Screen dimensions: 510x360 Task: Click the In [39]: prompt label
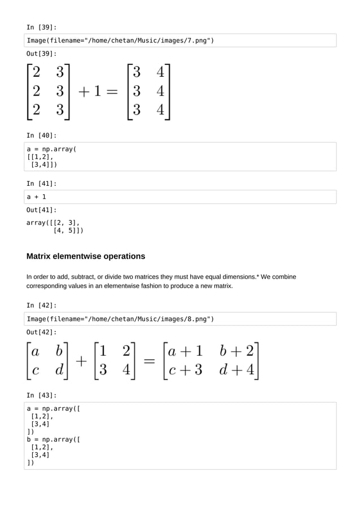pyautogui.click(x=41, y=27)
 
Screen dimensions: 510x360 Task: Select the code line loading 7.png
pyautogui.click(x=120, y=41)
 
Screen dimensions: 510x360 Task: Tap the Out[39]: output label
pyautogui.click(x=41, y=54)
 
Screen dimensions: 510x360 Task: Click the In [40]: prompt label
pyautogui.click(x=41, y=136)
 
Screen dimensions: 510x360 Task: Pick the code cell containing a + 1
pyautogui.click(x=179, y=197)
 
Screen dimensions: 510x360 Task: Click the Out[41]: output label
pyautogui.click(x=41, y=210)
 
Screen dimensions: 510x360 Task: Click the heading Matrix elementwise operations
pyautogui.click(x=86, y=256)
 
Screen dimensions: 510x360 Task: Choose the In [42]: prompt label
pyautogui.click(x=41, y=306)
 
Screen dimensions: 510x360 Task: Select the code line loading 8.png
pyautogui.click(x=120, y=319)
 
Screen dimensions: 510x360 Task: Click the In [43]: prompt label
pyautogui.click(x=41, y=395)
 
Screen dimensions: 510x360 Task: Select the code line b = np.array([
pyautogui.click(x=54, y=439)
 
